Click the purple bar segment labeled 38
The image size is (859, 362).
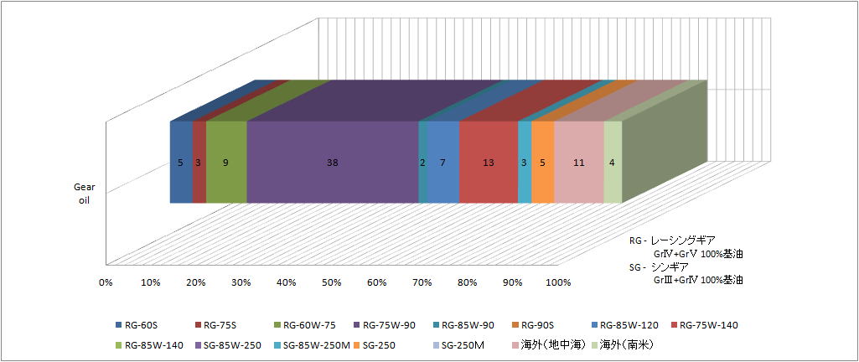[333, 163]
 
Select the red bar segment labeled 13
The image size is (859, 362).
[488, 163]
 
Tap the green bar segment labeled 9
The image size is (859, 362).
[226, 163]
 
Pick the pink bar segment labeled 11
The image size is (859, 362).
[578, 163]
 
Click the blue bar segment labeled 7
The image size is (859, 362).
[442, 163]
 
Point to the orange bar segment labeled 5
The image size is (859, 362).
[542, 163]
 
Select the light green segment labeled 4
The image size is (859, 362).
[613, 163]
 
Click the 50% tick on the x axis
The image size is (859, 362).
[331, 282]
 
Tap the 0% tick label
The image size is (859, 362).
[106, 282]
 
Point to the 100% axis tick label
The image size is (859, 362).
[558, 282]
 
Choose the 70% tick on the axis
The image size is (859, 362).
[422, 282]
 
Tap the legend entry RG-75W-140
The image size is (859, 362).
[708, 325]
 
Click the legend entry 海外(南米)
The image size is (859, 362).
[627, 344]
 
